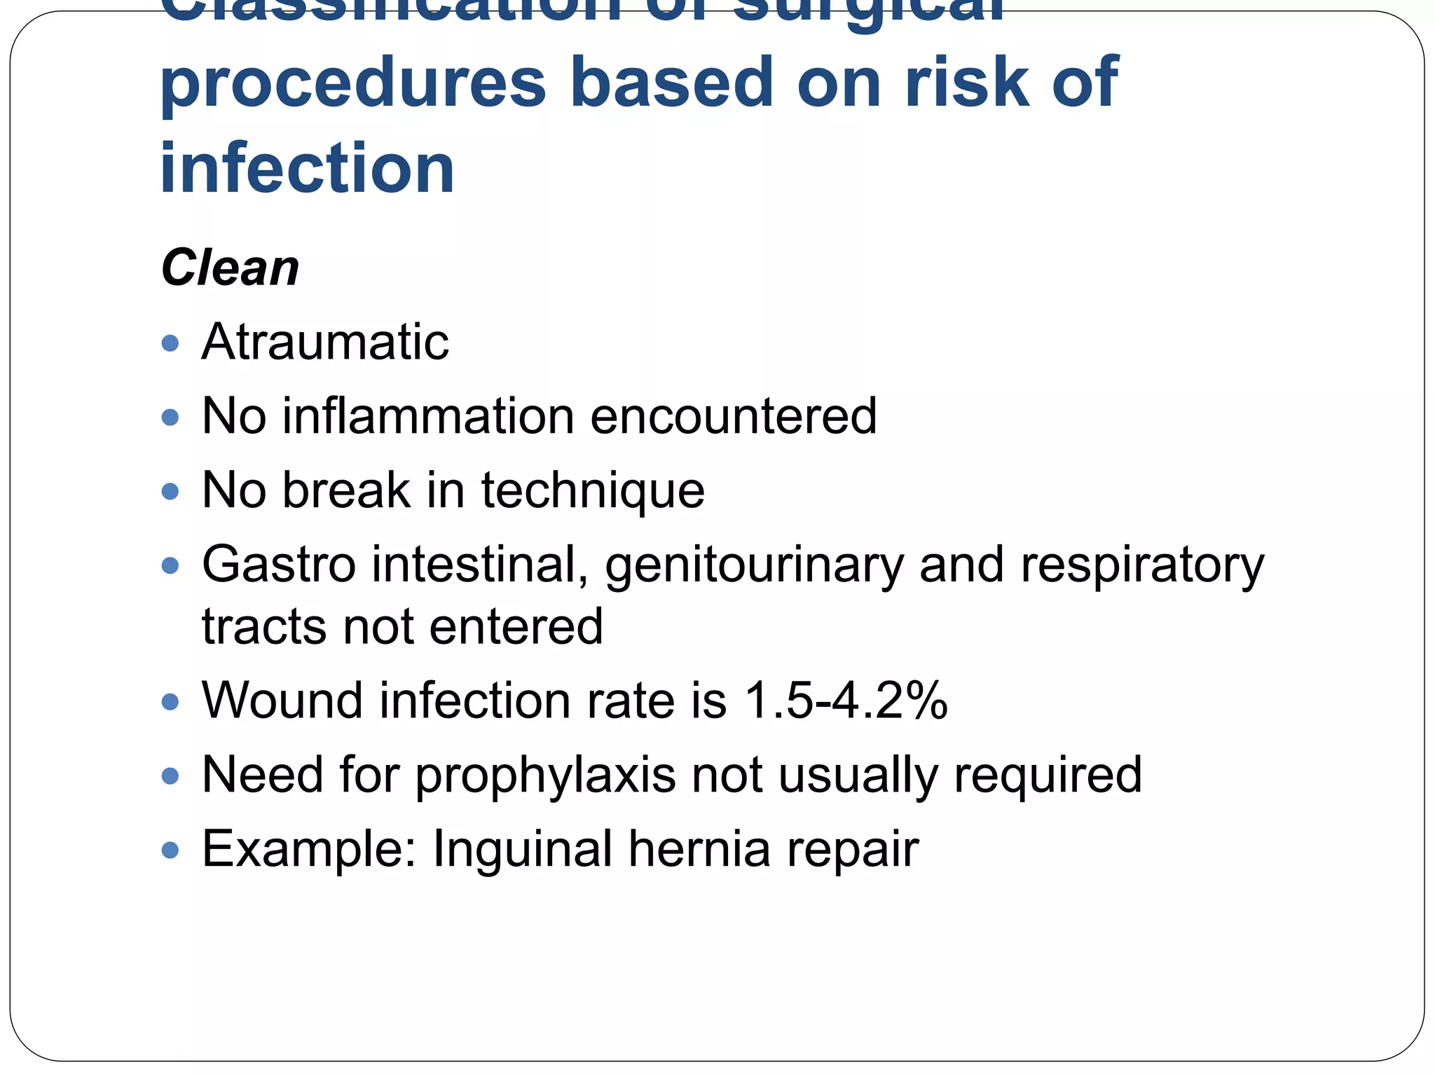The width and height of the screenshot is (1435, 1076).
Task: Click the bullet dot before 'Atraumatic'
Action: click(x=170, y=343)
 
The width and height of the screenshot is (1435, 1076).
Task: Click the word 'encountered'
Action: click(x=733, y=416)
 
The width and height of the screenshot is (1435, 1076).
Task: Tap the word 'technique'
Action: click(x=592, y=490)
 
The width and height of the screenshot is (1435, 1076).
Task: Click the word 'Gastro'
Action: click(x=279, y=565)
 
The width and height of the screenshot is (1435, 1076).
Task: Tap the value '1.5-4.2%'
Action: click(x=846, y=701)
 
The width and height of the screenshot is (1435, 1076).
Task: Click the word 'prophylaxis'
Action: click(x=546, y=776)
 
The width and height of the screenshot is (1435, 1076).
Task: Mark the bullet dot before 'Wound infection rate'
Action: click(x=170, y=701)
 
